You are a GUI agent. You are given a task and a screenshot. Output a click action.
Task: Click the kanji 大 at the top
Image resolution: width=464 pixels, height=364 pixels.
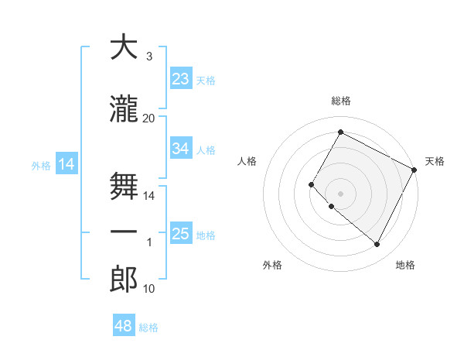(124, 48)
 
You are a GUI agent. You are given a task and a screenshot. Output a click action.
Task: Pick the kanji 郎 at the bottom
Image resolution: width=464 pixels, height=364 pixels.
(124, 280)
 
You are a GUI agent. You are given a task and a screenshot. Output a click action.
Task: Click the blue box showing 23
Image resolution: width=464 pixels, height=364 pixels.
(181, 79)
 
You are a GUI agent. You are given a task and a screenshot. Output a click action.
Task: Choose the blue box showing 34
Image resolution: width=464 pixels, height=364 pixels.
(181, 149)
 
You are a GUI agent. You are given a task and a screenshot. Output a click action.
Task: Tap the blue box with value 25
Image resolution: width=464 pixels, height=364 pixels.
(181, 234)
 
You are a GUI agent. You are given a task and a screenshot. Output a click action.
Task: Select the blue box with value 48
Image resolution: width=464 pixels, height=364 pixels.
(124, 326)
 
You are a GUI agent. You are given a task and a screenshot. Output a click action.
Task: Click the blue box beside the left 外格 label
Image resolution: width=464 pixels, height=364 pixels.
(67, 164)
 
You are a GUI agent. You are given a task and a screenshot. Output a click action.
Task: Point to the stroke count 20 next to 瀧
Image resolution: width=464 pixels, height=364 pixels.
(149, 118)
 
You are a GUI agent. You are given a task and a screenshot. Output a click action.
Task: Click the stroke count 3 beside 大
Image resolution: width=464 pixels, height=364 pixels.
(149, 57)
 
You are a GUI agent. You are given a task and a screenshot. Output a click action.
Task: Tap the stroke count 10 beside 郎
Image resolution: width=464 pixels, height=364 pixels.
(149, 289)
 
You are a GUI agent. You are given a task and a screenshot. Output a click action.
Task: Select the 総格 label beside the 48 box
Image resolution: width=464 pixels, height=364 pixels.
(149, 328)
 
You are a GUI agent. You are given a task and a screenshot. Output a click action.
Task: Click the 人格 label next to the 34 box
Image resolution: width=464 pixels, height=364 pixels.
(206, 150)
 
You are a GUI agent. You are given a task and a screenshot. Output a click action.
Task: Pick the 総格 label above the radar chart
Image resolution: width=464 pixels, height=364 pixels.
(341, 101)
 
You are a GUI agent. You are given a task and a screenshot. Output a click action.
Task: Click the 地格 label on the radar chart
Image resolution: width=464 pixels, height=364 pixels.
(405, 266)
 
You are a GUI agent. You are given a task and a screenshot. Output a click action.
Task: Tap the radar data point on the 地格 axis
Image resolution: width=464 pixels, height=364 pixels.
(377, 245)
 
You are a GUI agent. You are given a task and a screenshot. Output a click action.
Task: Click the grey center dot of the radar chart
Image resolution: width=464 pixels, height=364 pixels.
(340, 193)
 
